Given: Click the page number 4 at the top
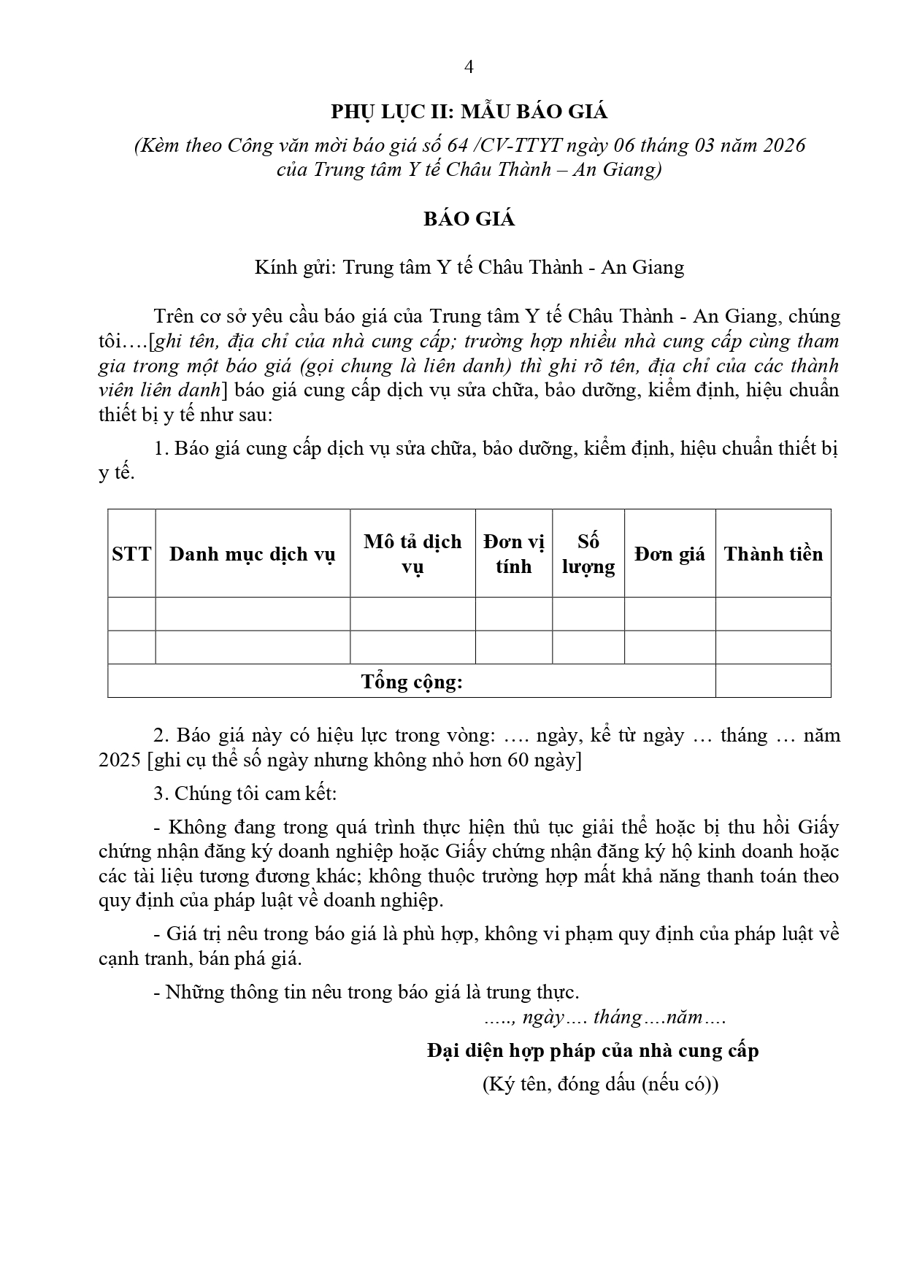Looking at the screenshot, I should [469, 67].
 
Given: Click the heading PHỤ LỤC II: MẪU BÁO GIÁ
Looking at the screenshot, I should [469, 112].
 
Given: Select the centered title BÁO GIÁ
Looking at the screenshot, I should [469, 220].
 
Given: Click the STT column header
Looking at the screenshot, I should [131, 554].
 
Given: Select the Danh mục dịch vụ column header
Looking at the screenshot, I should [252, 554].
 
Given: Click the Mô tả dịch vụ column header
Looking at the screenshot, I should [412, 554].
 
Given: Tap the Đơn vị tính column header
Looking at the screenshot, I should [513, 554].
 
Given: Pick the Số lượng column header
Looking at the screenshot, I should [588, 554].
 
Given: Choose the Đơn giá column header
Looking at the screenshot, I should [669, 554].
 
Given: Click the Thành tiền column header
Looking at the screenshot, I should [773, 554].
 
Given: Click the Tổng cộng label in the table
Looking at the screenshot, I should [412, 682].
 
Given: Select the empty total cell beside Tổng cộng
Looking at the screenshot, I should [773, 681].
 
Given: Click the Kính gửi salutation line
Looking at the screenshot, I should [469, 267].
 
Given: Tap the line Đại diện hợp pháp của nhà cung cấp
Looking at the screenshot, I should [593, 1051].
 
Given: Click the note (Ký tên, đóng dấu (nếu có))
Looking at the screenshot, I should [600, 1084].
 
